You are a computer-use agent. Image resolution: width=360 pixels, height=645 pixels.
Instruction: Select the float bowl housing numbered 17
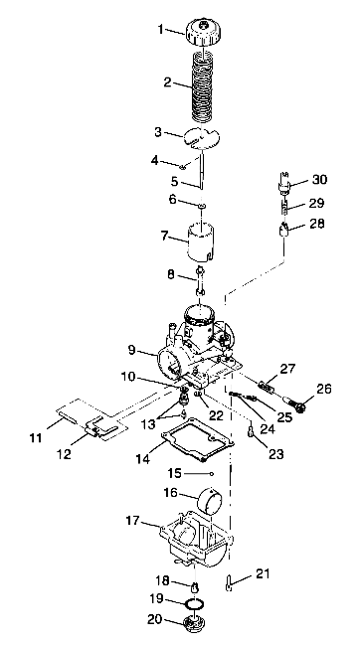click(x=190, y=542)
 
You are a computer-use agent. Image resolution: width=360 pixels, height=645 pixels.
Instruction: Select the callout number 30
click(x=319, y=180)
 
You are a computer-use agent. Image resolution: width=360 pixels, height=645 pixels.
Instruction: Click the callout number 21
click(x=263, y=574)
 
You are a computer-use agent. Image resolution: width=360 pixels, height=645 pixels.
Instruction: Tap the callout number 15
click(x=173, y=472)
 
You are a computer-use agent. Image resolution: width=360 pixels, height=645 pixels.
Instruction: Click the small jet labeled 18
click(x=196, y=583)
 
